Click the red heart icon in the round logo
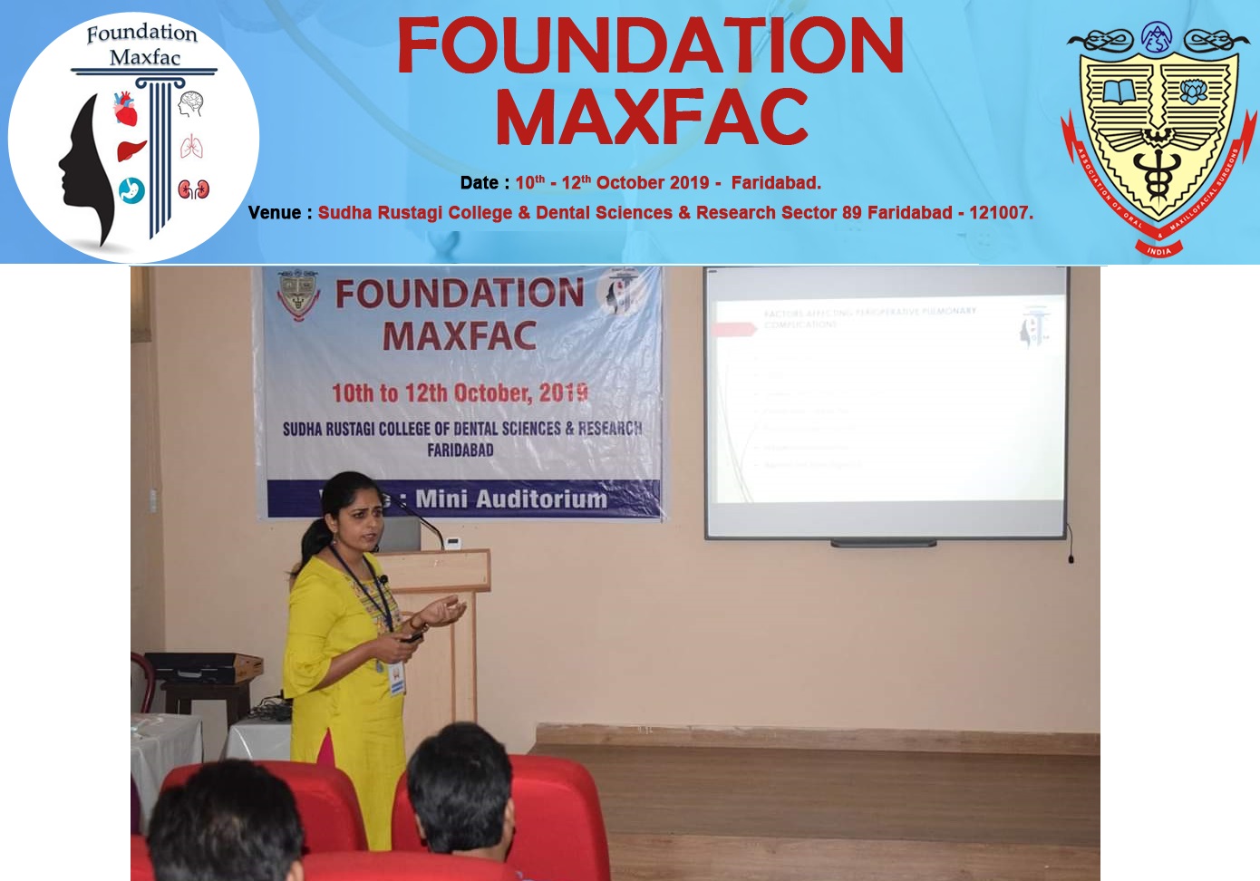125,110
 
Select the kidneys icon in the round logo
193,189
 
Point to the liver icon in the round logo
131,149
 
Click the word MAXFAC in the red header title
651,118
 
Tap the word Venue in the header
274,213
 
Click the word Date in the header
479,183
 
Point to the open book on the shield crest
1118,92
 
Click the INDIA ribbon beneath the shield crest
1158,250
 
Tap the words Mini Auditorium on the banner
511,499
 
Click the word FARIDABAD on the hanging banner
460,450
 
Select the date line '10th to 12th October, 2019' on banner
460,392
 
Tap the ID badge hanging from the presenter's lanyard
396,678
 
